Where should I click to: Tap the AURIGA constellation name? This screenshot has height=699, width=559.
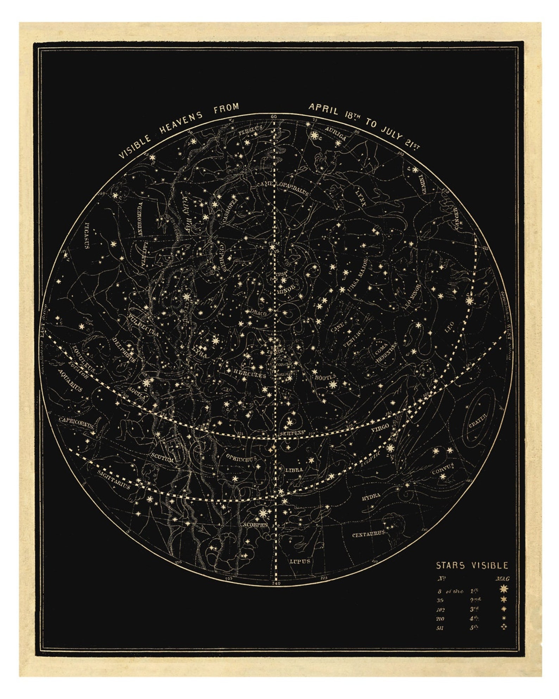pyautogui.click(x=336, y=133)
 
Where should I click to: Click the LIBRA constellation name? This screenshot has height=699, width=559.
pyautogui.click(x=294, y=470)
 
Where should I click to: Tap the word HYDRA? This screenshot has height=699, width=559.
pyautogui.click(x=371, y=496)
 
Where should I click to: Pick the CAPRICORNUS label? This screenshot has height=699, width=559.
pyautogui.click(x=76, y=422)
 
